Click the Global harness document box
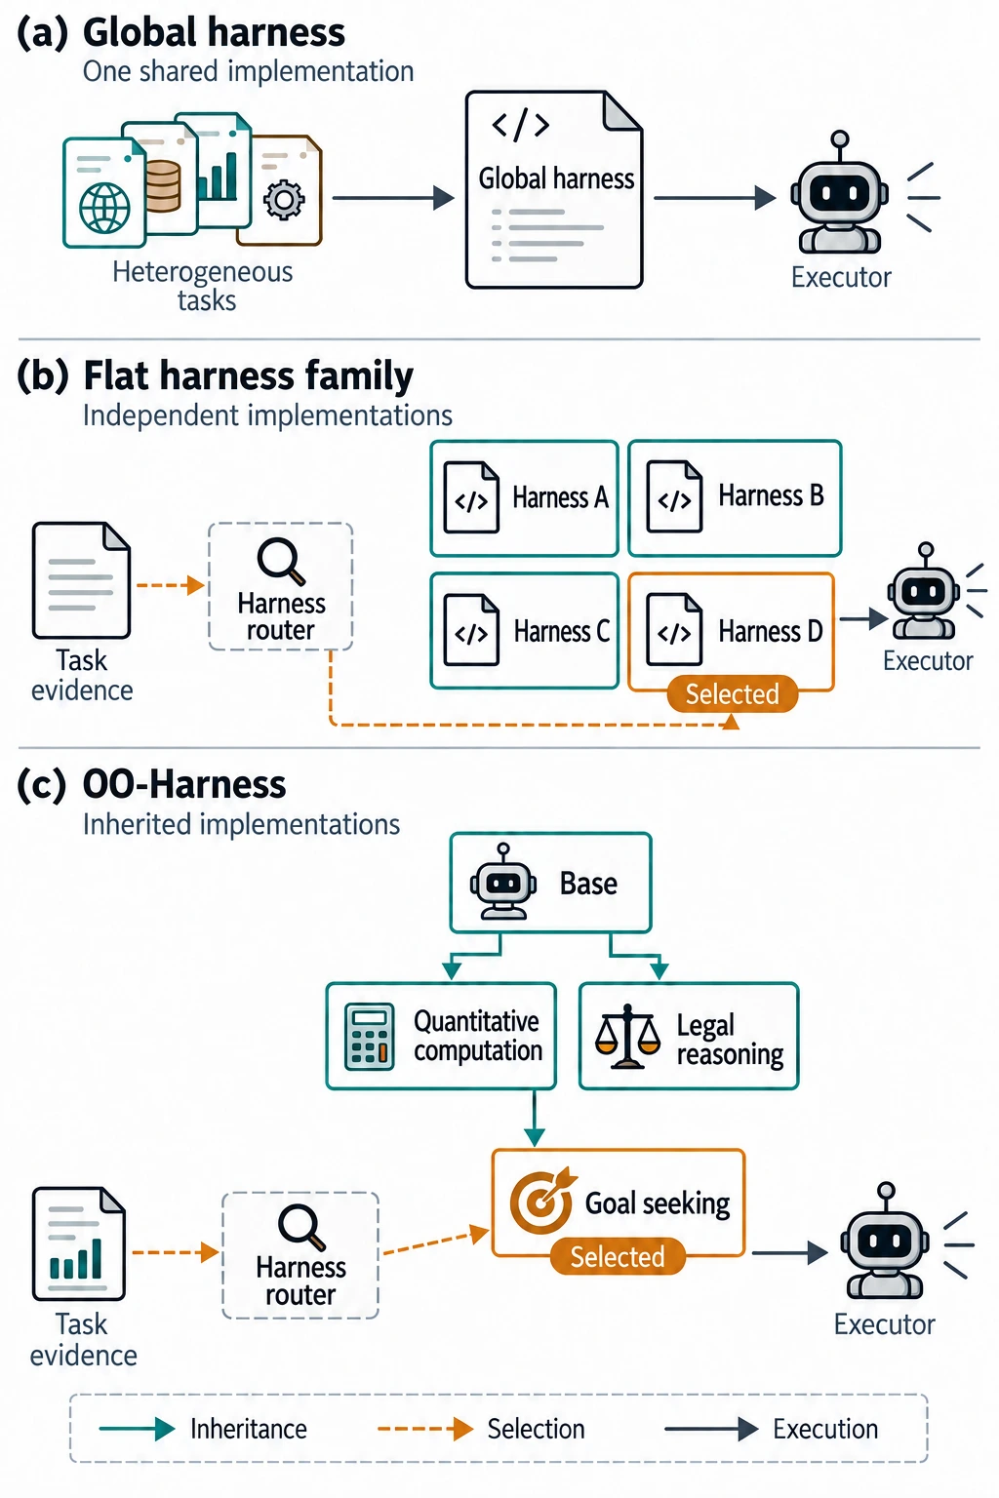click(554, 190)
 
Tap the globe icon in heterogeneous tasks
click(105, 208)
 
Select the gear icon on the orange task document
click(284, 199)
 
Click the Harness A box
click(524, 498)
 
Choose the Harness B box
click(735, 498)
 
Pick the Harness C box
click(524, 631)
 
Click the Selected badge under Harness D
click(732, 694)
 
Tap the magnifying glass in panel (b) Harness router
click(281, 561)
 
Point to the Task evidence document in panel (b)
click(81, 580)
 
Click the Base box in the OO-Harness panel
click(550, 883)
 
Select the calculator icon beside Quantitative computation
click(369, 1037)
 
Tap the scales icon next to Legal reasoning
click(627, 1036)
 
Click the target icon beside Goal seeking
click(542, 1201)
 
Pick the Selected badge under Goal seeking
click(618, 1256)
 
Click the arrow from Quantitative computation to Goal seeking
click(534, 1118)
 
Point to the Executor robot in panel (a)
click(839, 192)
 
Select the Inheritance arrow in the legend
click(137, 1429)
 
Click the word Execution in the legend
click(825, 1429)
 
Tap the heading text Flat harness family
click(248, 375)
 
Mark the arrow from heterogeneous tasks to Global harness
click(393, 198)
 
